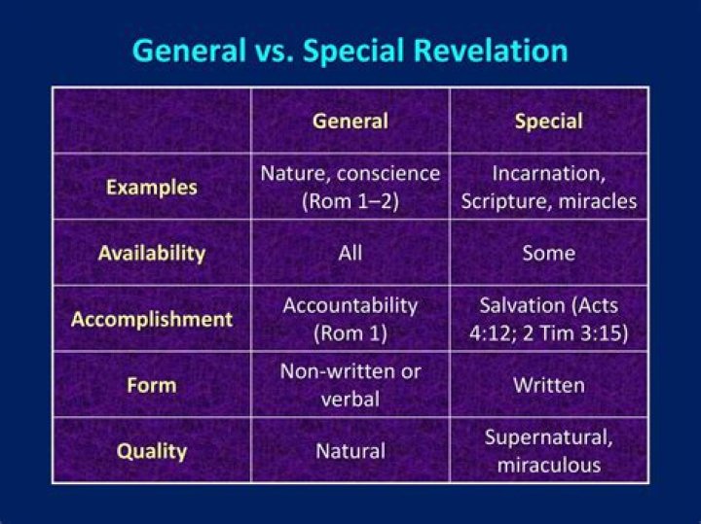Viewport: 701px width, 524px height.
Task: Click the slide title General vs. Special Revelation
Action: [350, 50]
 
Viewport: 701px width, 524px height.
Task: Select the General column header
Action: [350, 122]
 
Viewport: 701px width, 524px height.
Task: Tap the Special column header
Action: [548, 122]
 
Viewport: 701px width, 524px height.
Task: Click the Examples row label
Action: [151, 187]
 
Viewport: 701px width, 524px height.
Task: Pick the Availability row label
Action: [151, 253]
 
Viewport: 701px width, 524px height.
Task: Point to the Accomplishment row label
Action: [151, 319]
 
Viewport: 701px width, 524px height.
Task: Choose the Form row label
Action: [151, 384]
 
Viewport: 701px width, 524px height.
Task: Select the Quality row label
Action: [151, 451]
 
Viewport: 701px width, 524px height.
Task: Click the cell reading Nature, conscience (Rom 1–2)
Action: [350, 187]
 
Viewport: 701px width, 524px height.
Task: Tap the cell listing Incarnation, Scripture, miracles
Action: [548, 187]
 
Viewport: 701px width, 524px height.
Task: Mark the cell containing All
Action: [350, 253]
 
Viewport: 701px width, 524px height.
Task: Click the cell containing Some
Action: [548, 253]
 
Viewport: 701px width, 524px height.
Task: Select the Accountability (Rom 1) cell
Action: [350, 319]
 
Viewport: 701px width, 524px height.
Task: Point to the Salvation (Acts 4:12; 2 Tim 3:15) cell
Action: [548, 319]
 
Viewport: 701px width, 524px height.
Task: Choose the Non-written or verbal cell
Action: [350, 384]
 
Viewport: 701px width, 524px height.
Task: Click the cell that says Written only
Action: [548, 385]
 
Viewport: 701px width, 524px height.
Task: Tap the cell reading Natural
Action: [350, 451]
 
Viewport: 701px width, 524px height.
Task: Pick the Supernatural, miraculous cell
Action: [548, 450]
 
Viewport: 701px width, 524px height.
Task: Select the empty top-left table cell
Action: [151, 121]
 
